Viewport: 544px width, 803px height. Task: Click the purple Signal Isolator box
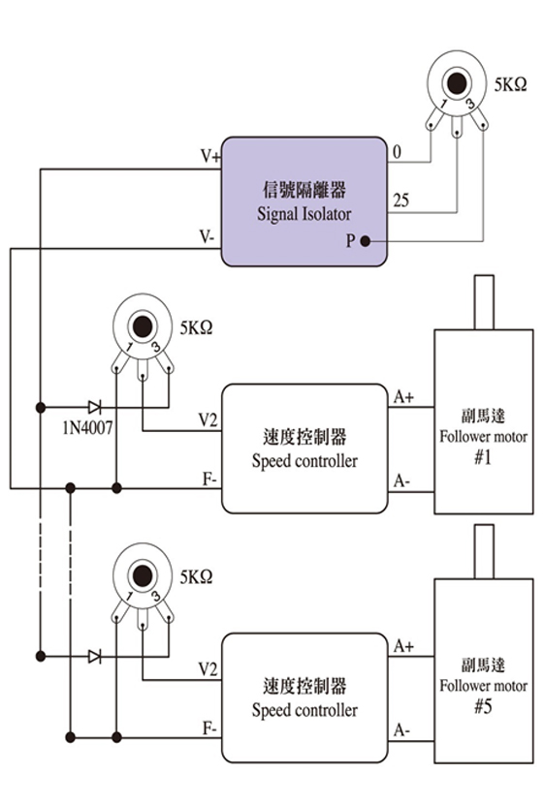click(304, 201)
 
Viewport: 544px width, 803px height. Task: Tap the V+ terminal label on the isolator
click(210, 156)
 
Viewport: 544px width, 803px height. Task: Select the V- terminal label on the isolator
click(208, 237)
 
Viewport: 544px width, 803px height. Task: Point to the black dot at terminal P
click(365, 240)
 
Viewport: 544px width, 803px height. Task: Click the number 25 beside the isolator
click(400, 200)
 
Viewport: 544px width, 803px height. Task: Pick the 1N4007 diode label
click(87, 427)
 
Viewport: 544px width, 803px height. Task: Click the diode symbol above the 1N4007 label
click(95, 408)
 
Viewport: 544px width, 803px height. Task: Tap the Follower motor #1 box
click(484, 421)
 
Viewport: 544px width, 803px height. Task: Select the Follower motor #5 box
click(484, 671)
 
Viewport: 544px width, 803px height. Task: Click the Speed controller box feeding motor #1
click(304, 448)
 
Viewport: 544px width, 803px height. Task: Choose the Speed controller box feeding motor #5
click(304, 698)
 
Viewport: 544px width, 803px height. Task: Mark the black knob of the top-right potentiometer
click(457, 83)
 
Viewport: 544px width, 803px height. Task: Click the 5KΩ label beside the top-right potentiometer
click(511, 84)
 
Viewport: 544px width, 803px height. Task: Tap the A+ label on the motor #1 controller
click(404, 397)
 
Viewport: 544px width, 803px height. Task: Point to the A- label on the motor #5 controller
click(401, 730)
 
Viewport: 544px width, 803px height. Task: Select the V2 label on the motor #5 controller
click(208, 668)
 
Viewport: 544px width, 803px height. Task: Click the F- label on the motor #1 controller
click(209, 479)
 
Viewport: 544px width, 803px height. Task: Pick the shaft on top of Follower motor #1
click(484, 302)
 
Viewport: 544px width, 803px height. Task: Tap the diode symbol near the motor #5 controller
click(95, 657)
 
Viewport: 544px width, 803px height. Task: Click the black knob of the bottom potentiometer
click(143, 575)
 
